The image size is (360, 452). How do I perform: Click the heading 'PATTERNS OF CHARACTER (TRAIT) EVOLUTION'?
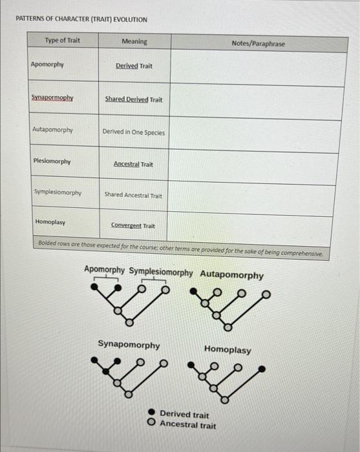81,19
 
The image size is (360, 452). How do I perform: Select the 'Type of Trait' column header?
63,41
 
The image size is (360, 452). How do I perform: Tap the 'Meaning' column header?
134,42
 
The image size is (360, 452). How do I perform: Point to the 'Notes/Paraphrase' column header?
257,43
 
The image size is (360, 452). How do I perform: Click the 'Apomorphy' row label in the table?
47,65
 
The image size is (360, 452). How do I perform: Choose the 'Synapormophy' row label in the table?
53,98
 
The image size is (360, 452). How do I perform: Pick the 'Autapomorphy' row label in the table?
53,130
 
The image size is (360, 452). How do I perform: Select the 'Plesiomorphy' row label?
52,161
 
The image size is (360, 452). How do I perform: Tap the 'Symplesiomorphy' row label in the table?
58,193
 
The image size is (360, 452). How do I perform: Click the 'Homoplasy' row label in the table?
50,221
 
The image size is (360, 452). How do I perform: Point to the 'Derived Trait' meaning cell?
134,67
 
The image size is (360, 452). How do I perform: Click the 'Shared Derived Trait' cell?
134,100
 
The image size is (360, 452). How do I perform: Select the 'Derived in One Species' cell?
134,132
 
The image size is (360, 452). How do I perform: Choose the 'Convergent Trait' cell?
133,226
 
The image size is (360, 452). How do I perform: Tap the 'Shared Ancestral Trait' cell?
134,195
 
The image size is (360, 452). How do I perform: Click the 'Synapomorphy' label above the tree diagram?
129,345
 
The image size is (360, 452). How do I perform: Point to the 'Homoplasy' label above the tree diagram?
228,349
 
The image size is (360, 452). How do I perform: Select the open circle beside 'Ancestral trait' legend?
151,424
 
